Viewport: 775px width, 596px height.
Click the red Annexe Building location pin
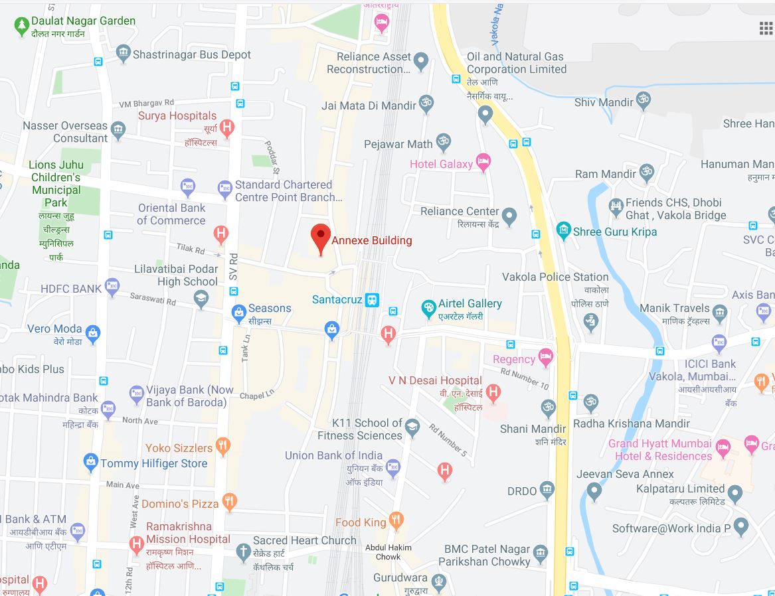pos(321,237)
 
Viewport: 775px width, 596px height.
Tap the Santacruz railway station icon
pos(373,300)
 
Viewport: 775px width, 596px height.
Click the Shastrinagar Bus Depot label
pos(191,54)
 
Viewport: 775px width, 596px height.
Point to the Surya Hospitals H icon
pos(227,127)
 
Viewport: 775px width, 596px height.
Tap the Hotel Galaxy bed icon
pos(483,163)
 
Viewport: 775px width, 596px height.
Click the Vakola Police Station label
pos(555,277)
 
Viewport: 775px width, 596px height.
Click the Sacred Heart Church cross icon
pos(243,551)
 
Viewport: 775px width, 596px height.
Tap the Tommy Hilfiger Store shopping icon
pos(90,463)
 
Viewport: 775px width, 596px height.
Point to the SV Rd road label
pos(233,266)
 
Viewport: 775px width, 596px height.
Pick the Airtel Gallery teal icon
pos(429,308)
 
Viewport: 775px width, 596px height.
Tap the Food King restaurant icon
pos(396,520)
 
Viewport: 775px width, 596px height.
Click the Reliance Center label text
pos(460,211)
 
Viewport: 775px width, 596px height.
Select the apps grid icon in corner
pos(766,28)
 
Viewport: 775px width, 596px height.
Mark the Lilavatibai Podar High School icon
pos(201,300)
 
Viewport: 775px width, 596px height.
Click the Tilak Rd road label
pos(191,249)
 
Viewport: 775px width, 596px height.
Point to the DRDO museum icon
pos(547,490)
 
